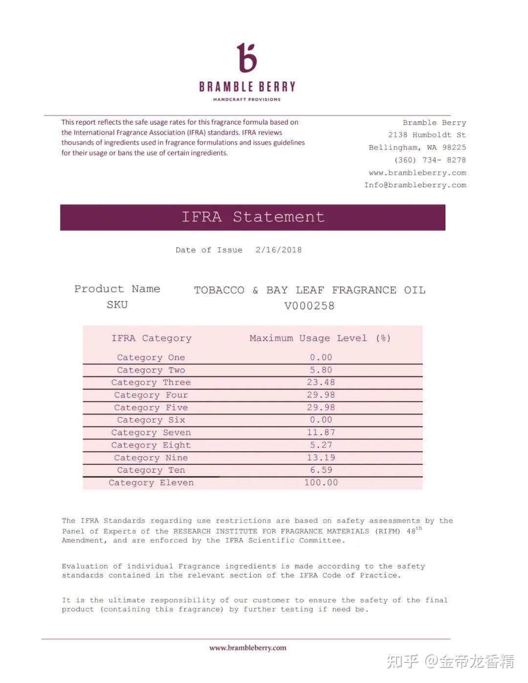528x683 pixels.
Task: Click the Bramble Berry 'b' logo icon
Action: point(247,58)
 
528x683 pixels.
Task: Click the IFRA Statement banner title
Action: point(253,217)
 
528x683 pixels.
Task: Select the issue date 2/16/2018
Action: point(279,250)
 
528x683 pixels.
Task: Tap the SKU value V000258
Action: point(309,306)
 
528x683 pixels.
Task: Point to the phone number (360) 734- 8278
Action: point(430,160)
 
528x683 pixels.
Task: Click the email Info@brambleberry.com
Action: point(415,185)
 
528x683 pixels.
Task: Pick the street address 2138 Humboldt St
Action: point(427,135)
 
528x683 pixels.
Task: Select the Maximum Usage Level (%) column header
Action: point(320,338)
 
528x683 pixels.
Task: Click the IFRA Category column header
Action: point(151,338)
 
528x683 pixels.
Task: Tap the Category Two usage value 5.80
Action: point(321,370)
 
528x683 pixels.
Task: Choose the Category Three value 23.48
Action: point(321,382)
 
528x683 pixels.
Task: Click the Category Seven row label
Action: point(151,433)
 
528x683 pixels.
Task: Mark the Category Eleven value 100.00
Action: point(321,483)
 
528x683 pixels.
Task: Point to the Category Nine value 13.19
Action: point(321,458)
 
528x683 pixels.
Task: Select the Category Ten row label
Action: point(151,470)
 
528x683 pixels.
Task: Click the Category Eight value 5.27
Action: point(321,445)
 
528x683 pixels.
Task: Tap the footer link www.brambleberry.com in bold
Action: point(247,648)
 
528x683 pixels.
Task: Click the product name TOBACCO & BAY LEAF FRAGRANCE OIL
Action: point(309,290)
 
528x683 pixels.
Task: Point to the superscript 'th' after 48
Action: point(419,528)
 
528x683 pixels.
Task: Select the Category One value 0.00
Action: point(321,357)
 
